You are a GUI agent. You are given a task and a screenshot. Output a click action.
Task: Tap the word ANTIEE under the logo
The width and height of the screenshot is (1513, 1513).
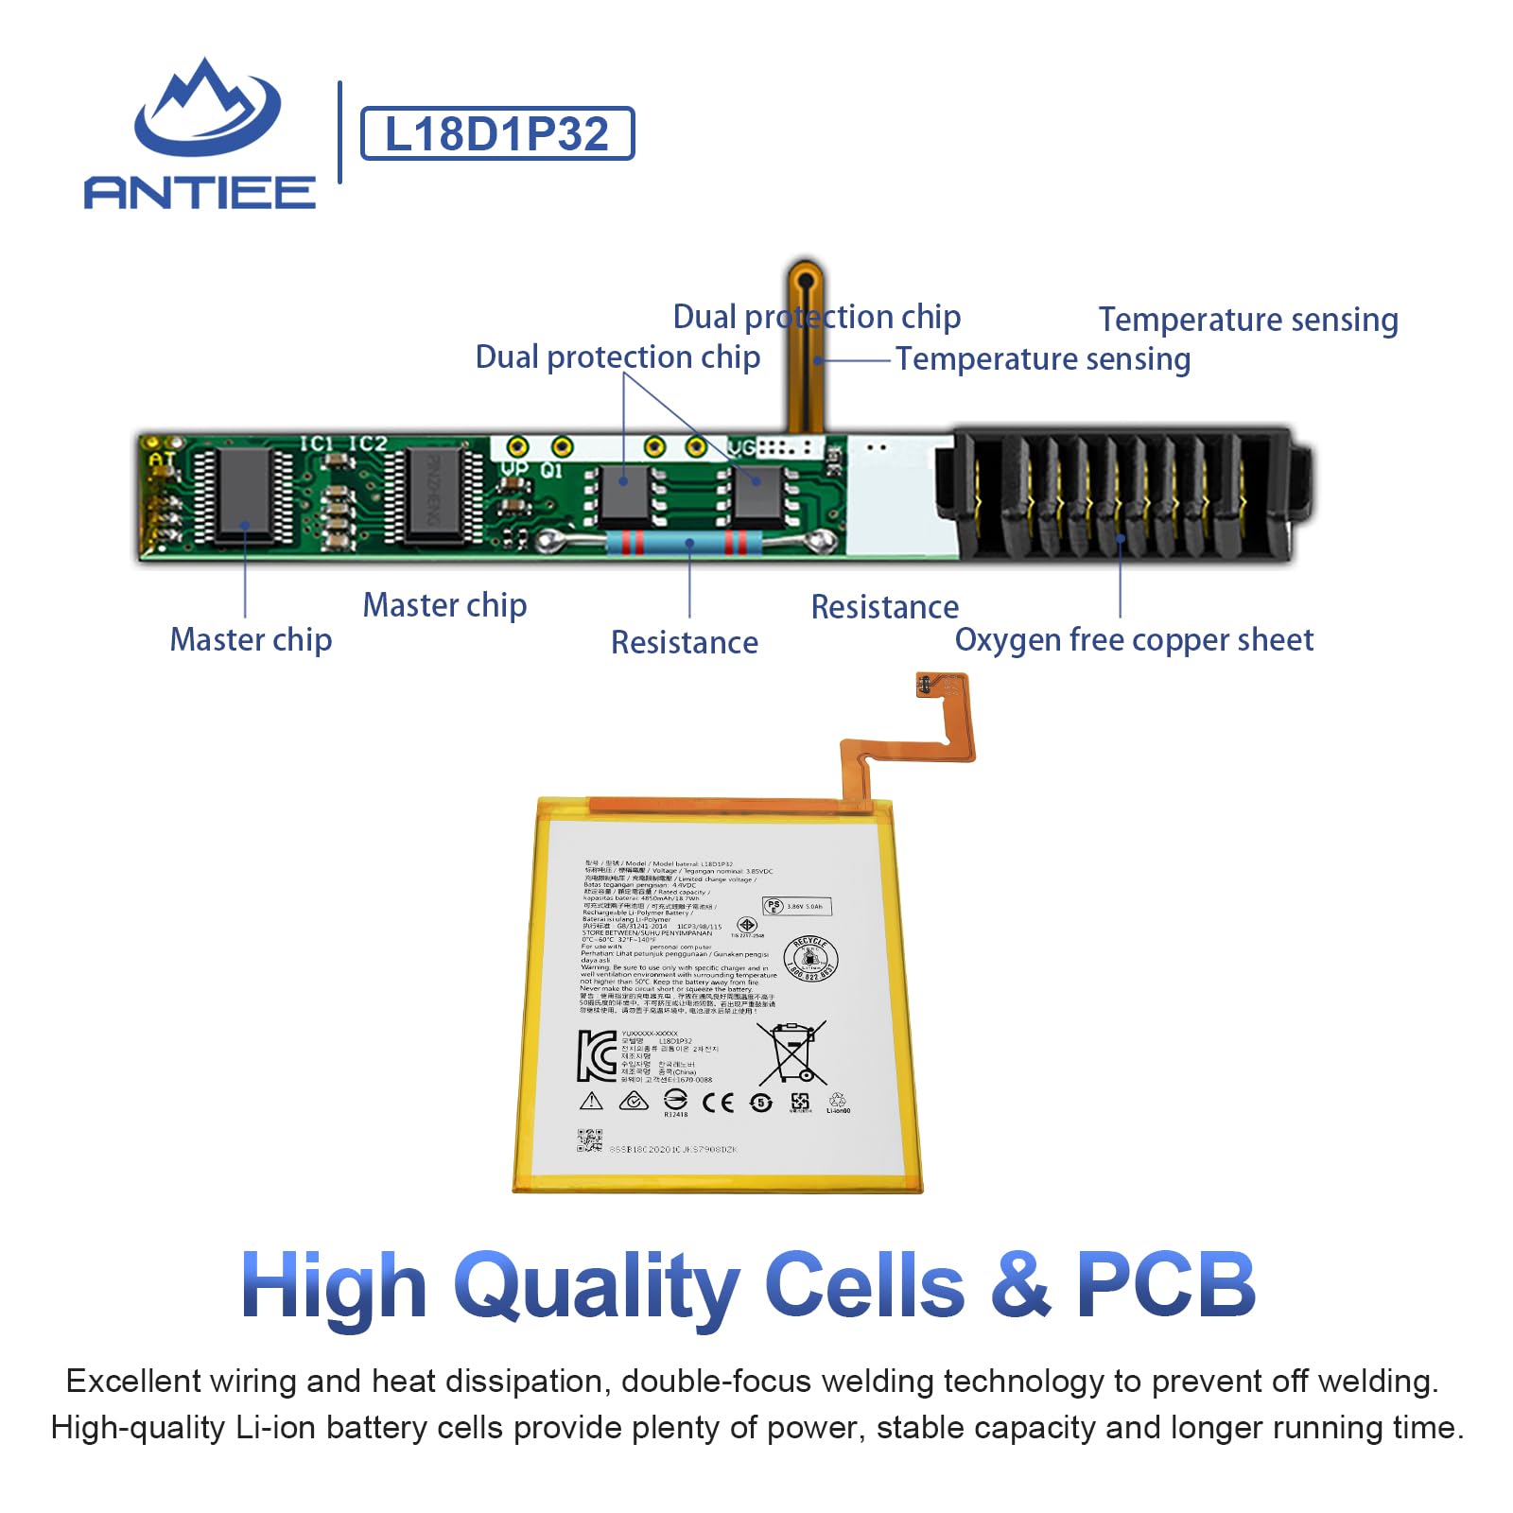(x=200, y=192)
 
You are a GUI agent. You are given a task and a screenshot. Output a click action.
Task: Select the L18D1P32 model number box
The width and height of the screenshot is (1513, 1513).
(x=497, y=133)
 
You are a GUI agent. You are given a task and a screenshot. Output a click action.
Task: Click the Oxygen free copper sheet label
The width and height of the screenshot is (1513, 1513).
(x=1134, y=640)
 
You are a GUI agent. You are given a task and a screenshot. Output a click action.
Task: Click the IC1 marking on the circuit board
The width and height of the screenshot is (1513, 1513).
(x=317, y=443)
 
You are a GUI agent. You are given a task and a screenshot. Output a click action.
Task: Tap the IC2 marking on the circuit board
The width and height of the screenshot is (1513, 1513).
(x=368, y=443)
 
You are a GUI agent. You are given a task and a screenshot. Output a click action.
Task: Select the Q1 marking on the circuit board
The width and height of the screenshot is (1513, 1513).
(x=551, y=470)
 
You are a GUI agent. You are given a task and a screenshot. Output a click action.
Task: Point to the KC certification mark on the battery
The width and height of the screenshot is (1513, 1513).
(x=597, y=1055)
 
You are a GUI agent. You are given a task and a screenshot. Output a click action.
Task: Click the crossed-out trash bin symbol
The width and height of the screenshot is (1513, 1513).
(x=791, y=1052)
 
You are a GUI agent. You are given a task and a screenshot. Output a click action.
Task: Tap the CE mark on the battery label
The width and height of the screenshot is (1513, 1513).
(x=718, y=1102)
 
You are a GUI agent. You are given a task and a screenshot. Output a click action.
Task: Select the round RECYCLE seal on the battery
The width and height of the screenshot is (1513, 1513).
(x=810, y=959)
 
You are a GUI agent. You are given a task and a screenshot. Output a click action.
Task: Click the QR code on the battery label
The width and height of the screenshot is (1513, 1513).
(x=589, y=1140)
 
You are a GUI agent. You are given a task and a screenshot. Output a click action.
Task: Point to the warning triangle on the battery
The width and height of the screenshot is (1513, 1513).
(x=591, y=1101)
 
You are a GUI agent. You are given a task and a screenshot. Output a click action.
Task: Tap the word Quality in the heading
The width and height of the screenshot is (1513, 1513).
(x=597, y=1286)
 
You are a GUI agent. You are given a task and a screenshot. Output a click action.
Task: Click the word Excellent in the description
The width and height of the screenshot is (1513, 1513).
(x=132, y=1382)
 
